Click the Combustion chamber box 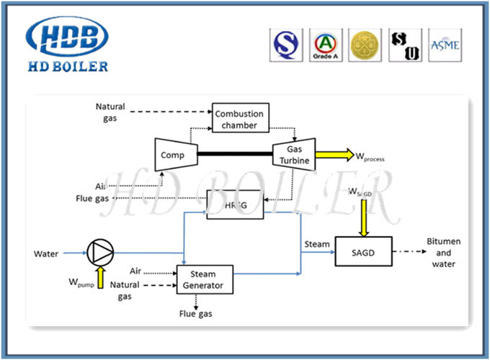[239, 118]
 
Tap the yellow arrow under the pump [100, 276]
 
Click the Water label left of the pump [46, 253]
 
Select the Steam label [317, 244]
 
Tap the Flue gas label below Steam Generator [195, 314]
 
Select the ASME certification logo [445, 45]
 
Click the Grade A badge [326, 45]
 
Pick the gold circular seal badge [364, 45]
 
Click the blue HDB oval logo [66, 36]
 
